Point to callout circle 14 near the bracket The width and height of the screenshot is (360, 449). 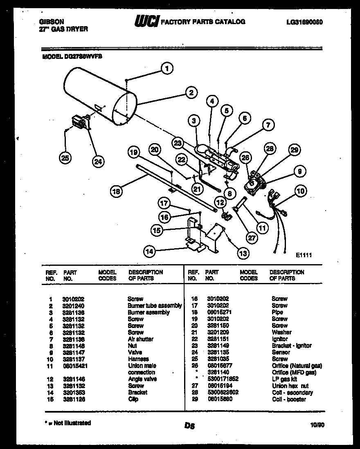150,252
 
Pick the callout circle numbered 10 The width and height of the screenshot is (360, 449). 300,191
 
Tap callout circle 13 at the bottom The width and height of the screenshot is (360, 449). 243,254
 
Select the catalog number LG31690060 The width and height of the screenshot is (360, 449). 305,22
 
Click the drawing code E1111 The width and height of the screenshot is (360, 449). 304,255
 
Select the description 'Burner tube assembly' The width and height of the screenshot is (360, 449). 154,305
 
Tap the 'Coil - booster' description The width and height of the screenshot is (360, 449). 289,399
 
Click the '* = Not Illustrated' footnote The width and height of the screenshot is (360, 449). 67,423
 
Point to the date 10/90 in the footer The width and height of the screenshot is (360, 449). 317,425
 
